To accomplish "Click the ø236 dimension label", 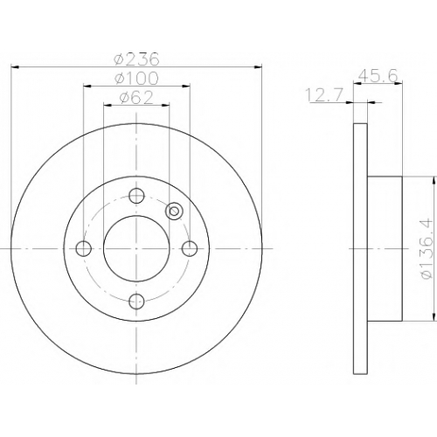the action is [x=136, y=59].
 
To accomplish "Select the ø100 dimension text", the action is [x=136, y=78].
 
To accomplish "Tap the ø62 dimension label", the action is [x=136, y=97].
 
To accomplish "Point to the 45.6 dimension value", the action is [x=378, y=76].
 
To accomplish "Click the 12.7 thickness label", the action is [x=325, y=95].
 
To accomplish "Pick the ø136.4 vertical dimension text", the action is [x=427, y=249].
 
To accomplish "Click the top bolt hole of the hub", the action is [x=136, y=196].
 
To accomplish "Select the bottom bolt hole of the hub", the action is [x=136, y=302].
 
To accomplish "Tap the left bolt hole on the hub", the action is [x=84, y=249].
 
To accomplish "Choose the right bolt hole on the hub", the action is [x=190, y=249].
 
